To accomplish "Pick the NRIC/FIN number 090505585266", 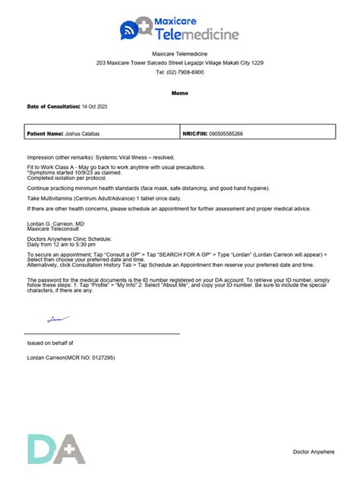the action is coord(227,134).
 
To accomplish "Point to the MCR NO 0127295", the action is coord(95,356).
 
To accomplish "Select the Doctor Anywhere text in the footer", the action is coord(314,452).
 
